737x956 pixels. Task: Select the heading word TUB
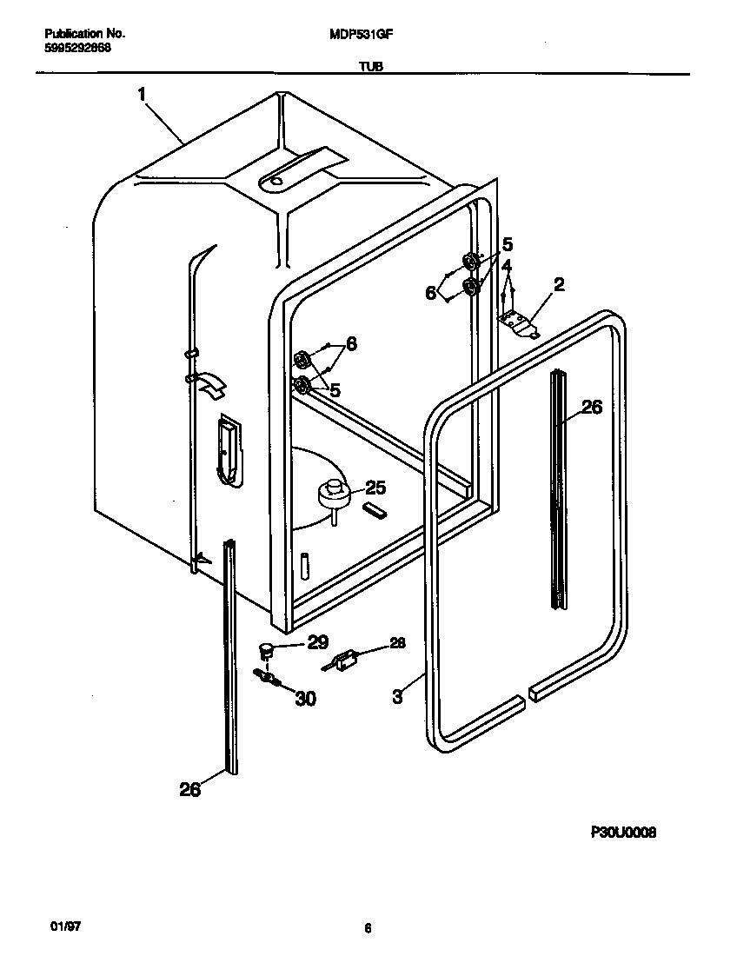[368, 66]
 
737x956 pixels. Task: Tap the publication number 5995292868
[76, 49]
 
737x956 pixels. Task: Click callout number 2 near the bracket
[559, 284]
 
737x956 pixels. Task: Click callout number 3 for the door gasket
[397, 695]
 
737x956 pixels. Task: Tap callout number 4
[506, 264]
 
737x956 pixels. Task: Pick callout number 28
[396, 643]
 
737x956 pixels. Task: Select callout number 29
[317, 642]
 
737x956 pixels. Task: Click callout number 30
[304, 697]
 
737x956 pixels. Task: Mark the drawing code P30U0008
[623, 832]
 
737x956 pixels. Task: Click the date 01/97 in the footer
[54, 927]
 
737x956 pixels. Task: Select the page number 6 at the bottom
[368, 928]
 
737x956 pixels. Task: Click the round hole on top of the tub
[276, 182]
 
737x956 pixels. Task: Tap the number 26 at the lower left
[189, 788]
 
